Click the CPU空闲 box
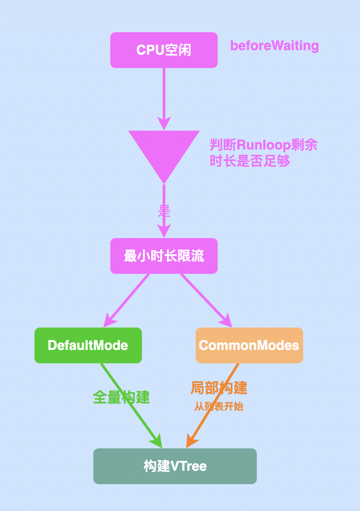coord(164,50)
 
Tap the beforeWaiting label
coord(274,46)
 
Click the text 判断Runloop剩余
coord(264,145)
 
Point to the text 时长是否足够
coord(250,161)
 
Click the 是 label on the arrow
coord(164,211)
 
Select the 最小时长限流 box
coord(164,256)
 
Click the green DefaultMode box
coord(88,345)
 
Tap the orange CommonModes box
coord(249,345)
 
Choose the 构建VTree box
coord(175,466)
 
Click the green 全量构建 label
coord(121,397)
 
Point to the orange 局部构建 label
coord(219,388)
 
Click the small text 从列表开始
coord(219,407)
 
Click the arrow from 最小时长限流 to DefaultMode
coord(128,298)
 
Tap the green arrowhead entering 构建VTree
coord(157,442)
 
